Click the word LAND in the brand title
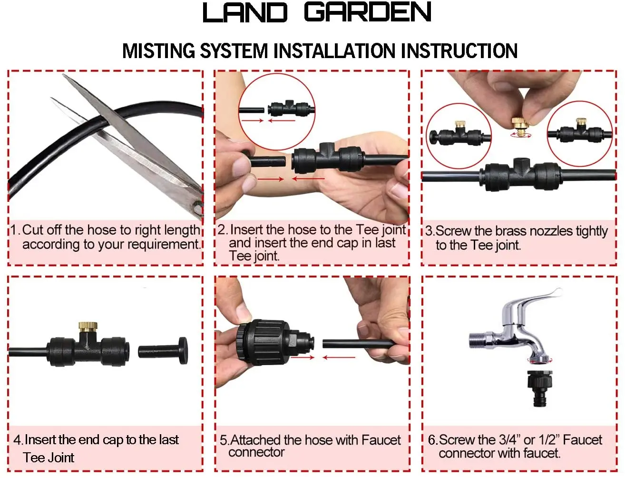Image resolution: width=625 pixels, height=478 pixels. [245, 13]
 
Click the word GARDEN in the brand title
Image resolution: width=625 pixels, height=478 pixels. [368, 13]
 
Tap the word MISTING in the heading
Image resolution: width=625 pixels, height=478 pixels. [158, 51]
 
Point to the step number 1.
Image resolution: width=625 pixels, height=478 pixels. [15, 230]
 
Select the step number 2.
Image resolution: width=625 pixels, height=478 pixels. [223, 230]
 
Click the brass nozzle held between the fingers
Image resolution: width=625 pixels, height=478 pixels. [521, 125]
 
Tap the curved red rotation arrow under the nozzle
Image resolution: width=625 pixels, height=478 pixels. [521, 135]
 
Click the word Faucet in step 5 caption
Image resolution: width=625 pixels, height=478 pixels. [381, 440]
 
